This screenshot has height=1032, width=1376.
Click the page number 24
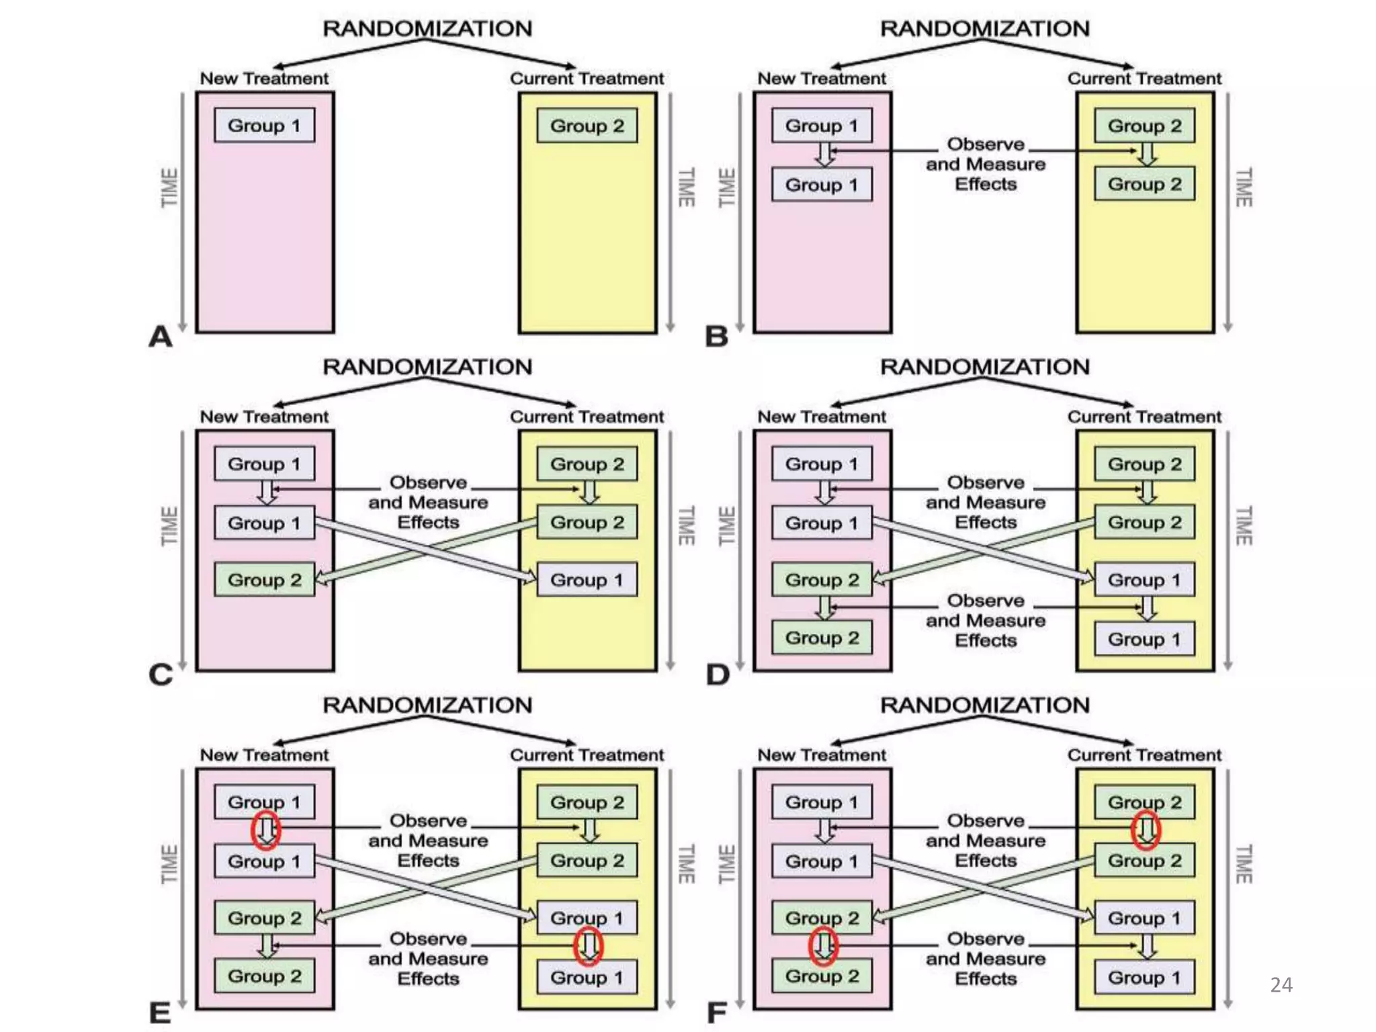1281,985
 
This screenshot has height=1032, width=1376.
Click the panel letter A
161,337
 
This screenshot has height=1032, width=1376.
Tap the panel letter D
718,675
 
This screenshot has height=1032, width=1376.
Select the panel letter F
717,1013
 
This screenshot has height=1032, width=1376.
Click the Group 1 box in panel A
264,126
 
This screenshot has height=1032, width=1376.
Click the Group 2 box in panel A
587,126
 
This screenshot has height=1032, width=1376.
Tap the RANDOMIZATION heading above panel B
985,29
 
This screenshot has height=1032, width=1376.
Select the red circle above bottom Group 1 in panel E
589,947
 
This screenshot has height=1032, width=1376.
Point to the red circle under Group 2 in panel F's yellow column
1146,830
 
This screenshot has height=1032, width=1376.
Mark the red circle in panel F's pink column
823,947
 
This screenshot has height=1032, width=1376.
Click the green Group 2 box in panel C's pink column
264,580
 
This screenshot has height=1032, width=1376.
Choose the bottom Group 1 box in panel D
1144,639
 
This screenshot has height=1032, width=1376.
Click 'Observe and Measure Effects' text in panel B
986,165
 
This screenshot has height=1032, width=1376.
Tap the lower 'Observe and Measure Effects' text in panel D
986,621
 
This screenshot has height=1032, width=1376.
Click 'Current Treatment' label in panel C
587,417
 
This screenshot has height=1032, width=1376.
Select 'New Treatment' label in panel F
822,755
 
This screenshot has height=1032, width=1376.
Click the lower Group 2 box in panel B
1144,184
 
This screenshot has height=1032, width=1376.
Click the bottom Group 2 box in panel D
822,638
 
